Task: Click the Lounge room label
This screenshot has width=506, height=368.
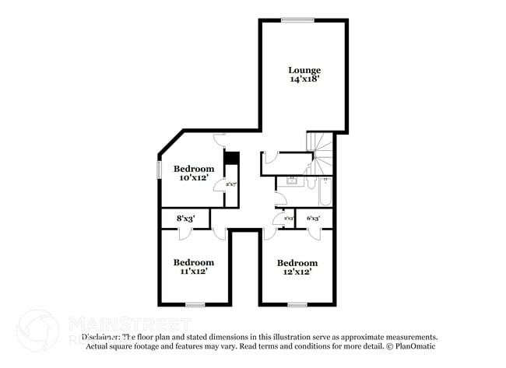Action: [x=304, y=70]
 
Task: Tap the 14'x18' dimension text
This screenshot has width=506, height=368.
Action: [x=304, y=79]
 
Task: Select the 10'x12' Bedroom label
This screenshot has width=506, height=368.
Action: [x=193, y=168]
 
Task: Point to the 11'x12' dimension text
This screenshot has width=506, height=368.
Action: [x=193, y=272]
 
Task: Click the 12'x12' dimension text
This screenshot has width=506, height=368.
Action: [x=297, y=272]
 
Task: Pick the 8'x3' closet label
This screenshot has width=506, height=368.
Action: [x=184, y=219]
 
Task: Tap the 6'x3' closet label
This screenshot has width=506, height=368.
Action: [x=314, y=219]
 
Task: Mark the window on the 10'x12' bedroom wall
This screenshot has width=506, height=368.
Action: [x=159, y=168]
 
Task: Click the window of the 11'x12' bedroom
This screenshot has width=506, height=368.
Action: [x=195, y=305]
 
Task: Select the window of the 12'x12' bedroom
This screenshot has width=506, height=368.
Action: [x=297, y=305]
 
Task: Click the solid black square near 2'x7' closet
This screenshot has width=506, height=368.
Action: [x=230, y=157]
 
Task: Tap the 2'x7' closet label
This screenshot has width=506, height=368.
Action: [x=231, y=184]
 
